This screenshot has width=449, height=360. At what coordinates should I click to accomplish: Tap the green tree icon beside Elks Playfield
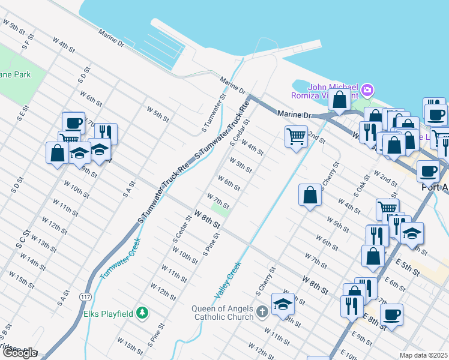coord(142,313)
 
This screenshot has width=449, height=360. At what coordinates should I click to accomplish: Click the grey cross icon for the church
coord(262,312)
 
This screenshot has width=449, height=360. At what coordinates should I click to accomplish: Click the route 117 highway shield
coord(85,296)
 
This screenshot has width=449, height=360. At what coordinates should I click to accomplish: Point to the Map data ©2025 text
coord(423,355)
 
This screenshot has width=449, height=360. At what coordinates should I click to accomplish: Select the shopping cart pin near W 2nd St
coord(296,136)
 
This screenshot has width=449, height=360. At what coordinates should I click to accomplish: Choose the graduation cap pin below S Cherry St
coord(283,304)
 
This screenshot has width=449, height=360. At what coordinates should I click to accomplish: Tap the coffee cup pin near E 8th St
coord(392,314)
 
